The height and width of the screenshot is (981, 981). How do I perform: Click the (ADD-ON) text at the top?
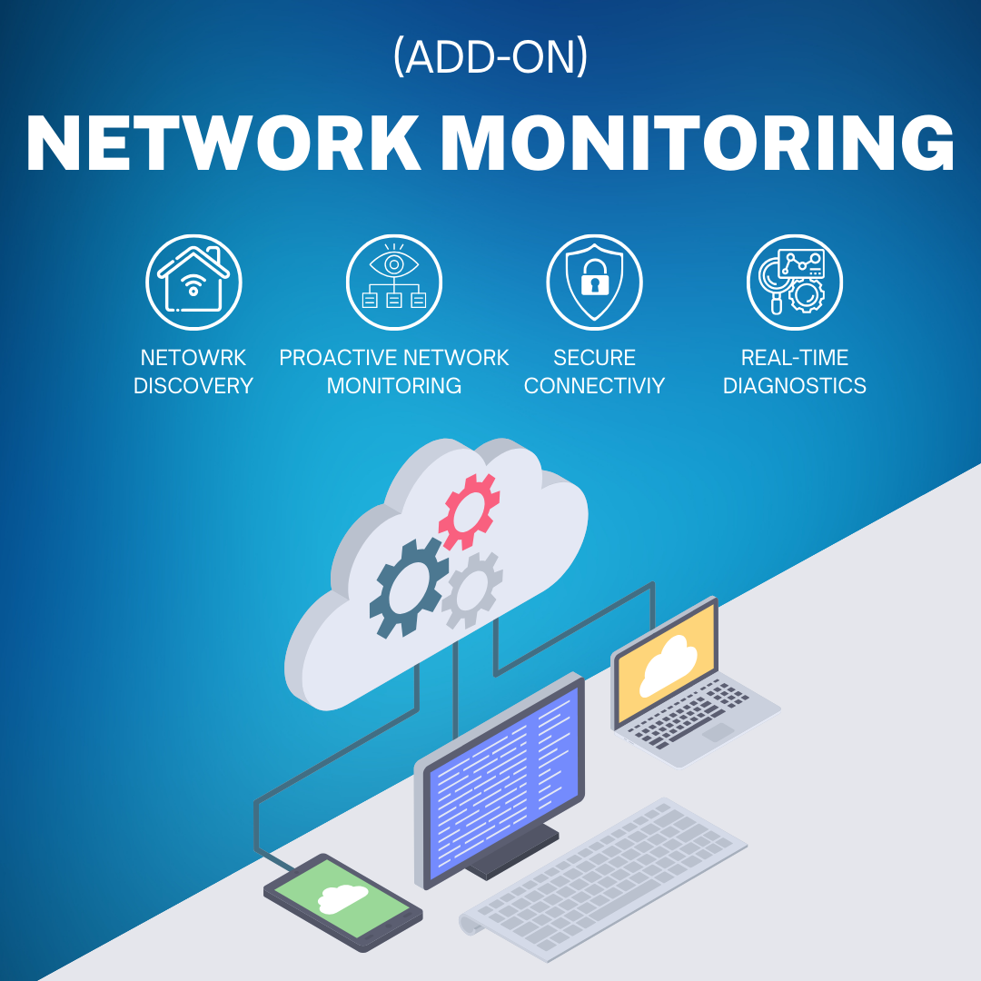(x=490, y=58)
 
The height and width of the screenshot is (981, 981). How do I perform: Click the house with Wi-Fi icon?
(x=193, y=282)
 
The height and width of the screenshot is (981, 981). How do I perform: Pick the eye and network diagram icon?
(x=394, y=282)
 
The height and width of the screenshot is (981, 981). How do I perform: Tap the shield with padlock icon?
(x=594, y=282)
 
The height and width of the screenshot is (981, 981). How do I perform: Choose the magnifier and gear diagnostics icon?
(x=795, y=282)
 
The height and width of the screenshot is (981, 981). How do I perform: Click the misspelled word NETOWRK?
(x=193, y=357)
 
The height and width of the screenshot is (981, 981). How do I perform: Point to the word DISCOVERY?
(x=193, y=386)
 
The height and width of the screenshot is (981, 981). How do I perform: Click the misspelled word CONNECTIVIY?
(x=594, y=386)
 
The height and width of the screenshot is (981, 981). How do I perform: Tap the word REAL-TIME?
(x=795, y=357)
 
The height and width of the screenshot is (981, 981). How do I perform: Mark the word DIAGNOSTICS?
(x=795, y=386)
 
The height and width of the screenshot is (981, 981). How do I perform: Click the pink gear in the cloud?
(x=469, y=510)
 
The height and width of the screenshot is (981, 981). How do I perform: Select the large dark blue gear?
(x=409, y=586)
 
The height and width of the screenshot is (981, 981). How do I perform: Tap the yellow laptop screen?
(x=666, y=664)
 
